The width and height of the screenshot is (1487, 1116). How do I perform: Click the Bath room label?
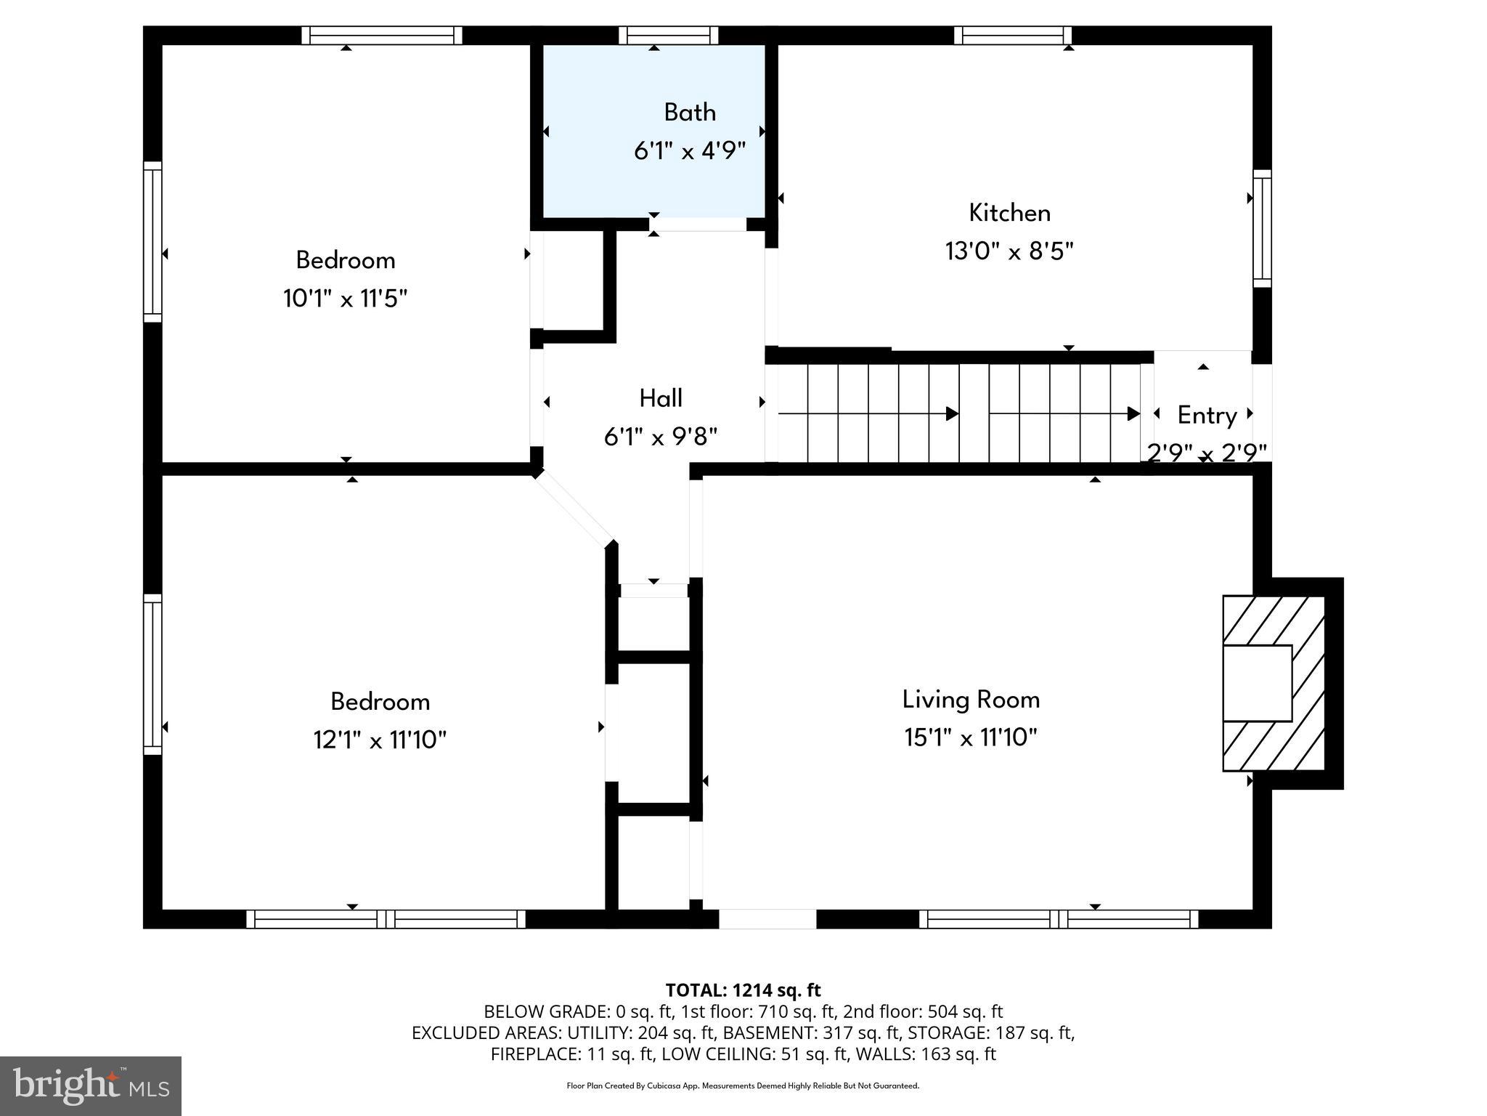[x=689, y=113]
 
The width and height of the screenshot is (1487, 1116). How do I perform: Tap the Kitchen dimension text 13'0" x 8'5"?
[x=1009, y=251]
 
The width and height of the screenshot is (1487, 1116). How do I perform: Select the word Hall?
[x=660, y=398]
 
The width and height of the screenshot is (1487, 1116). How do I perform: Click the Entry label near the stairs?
[x=1207, y=416]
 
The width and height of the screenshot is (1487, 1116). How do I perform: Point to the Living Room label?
[x=971, y=700]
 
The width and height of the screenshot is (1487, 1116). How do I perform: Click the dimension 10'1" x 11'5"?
[x=345, y=299]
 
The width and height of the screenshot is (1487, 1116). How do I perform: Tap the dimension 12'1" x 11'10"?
[x=379, y=740]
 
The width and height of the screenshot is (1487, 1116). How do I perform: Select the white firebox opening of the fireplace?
[x=1257, y=683]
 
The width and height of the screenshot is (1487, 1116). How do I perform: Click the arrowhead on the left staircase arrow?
[x=952, y=414]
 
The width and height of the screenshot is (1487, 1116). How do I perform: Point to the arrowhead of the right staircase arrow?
[x=1133, y=414]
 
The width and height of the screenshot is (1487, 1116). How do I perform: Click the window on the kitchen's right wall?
[x=1262, y=229]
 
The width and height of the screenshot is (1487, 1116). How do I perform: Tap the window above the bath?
[x=668, y=36]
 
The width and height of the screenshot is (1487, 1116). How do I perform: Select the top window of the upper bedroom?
[x=382, y=36]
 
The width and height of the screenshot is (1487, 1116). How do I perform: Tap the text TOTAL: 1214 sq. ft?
[x=743, y=990]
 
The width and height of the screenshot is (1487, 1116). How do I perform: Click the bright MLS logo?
[x=91, y=1085]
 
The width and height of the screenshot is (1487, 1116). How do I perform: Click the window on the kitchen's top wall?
[x=1012, y=36]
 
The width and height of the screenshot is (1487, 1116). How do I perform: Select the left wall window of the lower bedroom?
[x=152, y=674]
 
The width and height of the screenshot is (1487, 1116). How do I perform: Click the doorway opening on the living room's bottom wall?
[x=767, y=919]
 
